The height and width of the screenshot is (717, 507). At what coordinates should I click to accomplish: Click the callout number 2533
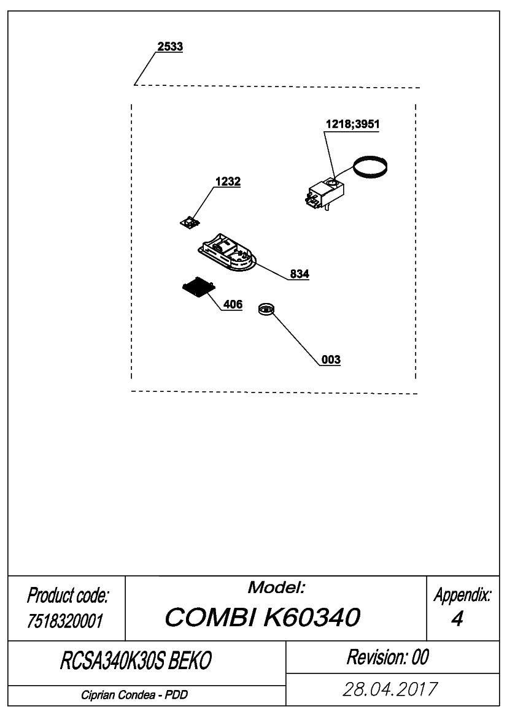170,46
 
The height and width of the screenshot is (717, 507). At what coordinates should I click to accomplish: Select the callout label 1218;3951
352,124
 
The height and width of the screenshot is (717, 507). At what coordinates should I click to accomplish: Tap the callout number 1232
228,182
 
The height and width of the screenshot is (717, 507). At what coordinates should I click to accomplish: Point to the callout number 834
300,274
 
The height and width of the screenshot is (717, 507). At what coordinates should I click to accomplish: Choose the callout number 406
233,304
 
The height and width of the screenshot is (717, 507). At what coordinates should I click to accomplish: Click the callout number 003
331,359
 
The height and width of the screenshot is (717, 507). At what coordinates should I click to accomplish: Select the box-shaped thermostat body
325,194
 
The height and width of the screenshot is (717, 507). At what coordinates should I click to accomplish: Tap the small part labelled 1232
190,223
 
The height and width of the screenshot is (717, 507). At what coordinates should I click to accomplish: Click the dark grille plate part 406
199,288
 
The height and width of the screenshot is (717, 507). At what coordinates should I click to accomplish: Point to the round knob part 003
266,309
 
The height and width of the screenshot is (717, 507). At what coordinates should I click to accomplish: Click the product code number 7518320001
65,621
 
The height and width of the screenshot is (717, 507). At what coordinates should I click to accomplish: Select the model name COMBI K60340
263,617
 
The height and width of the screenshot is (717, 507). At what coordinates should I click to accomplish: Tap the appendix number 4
457,619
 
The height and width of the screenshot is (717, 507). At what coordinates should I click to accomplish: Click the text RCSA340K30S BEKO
136,661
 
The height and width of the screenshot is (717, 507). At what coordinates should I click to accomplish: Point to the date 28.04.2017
390,689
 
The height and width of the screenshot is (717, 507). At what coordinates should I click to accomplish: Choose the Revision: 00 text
387,657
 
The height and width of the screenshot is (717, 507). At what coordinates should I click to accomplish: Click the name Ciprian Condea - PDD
134,695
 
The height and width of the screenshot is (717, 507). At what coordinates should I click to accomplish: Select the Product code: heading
68,596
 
